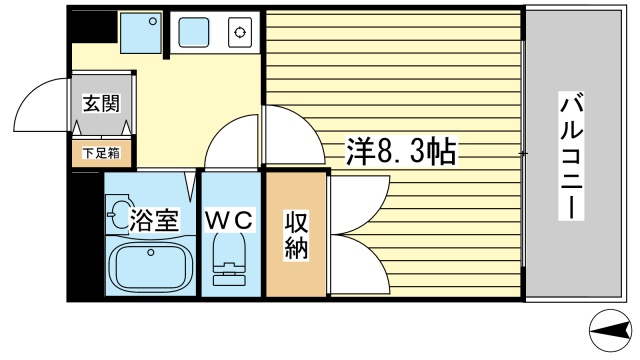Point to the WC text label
point(232,219)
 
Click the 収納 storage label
point(297,234)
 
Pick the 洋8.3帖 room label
point(402,152)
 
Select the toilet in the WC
point(230,262)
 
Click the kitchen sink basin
point(193,34)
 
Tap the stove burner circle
point(240,33)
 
